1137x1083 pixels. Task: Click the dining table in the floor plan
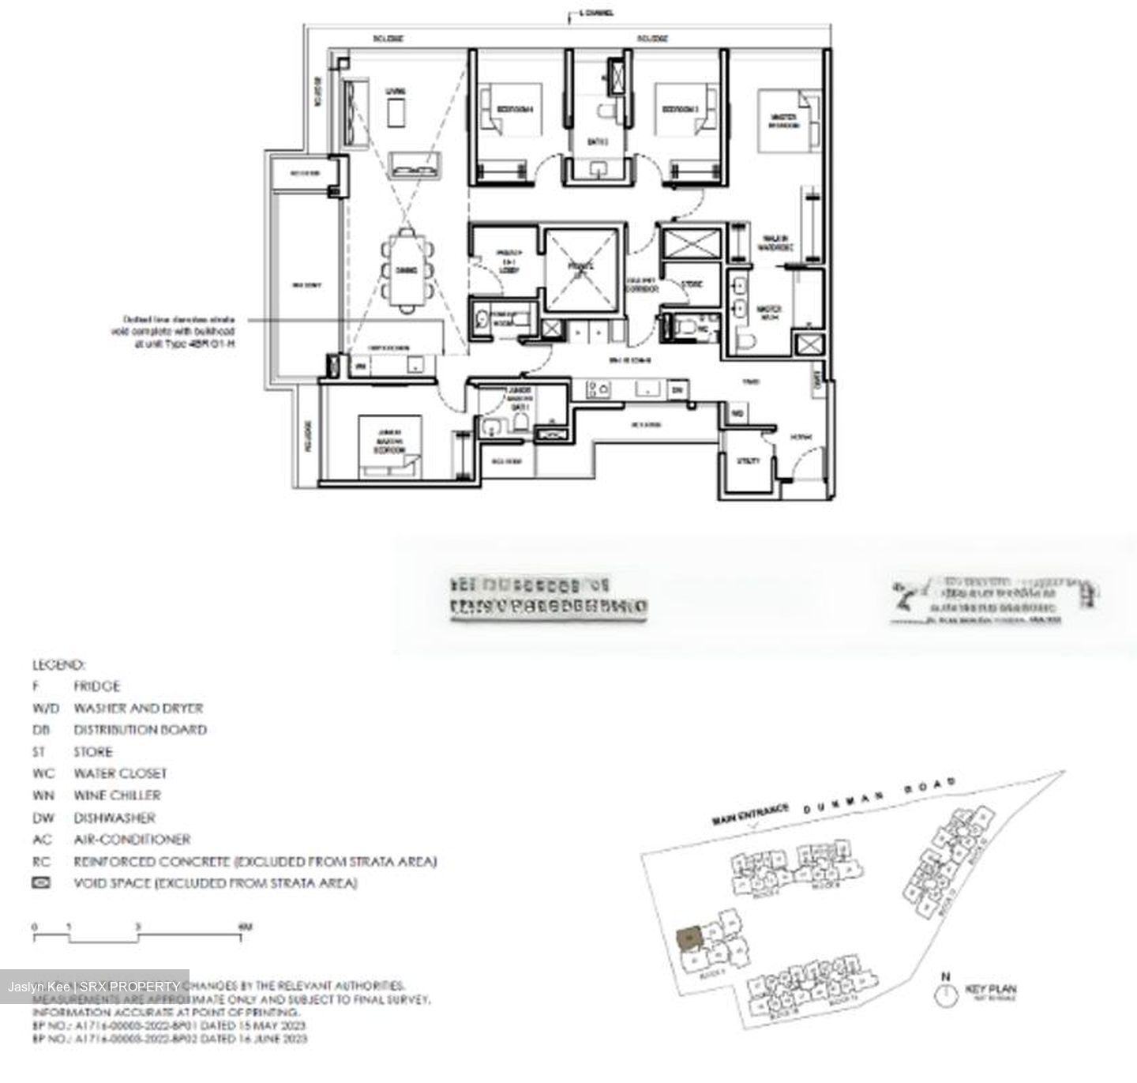coord(407,269)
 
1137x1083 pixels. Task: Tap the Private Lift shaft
coord(581,269)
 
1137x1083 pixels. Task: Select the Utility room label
coord(748,461)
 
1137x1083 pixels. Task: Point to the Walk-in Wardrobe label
coord(774,243)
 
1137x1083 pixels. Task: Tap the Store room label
coord(692,284)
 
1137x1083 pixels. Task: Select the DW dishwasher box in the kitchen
coord(677,389)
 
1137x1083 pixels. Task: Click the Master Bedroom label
coord(783,120)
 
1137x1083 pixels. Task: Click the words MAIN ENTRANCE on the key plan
coord(750,814)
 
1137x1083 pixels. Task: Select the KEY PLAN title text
coord(991,989)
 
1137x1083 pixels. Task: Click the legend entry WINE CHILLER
coord(117,795)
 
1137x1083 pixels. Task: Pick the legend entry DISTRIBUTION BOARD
coord(140,730)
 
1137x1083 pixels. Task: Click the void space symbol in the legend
coord(41,882)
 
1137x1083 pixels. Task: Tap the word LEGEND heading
coord(58,665)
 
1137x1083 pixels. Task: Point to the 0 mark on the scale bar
coord(35,927)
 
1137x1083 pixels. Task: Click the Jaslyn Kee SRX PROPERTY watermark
coord(94,987)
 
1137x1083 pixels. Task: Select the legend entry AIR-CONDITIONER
coord(132,839)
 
